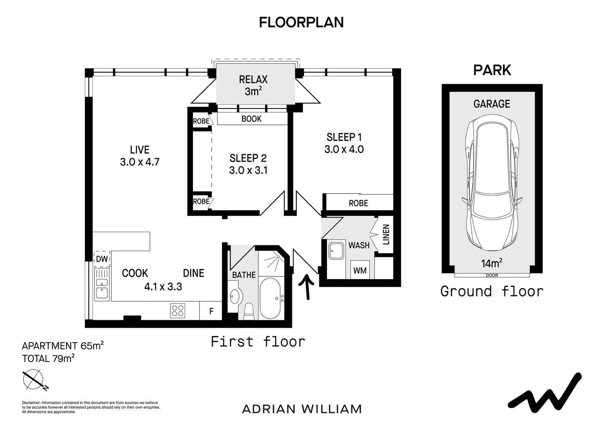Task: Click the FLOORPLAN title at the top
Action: pyautogui.click(x=301, y=23)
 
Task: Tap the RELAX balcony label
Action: pyautogui.click(x=253, y=79)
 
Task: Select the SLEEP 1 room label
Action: pyautogui.click(x=344, y=137)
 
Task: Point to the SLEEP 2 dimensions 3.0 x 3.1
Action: pyautogui.click(x=248, y=170)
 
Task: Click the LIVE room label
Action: pyautogui.click(x=140, y=150)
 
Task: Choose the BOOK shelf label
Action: pyautogui.click(x=251, y=119)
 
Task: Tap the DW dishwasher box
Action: pyautogui.click(x=102, y=259)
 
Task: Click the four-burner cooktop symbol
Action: pyautogui.click(x=178, y=311)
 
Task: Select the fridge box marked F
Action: pyautogui.click(x=211, y=311)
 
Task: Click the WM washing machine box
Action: pyautogui.click(x=360, y=270)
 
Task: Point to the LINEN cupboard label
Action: pyautogui.click(x=386, y=234)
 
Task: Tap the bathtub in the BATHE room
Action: pyautogui.click(x=271, y=299)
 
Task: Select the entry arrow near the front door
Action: pyautogui.click(x=307, y=287)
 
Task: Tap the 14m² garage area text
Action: pyautogui.click(x=492, y=263)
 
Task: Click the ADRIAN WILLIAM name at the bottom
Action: pyautogui.click(x=302, y=409)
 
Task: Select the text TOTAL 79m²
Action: pyautogui.click(x=48, y=359)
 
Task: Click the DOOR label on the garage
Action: pyautogui.click(x=492, y=276)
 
